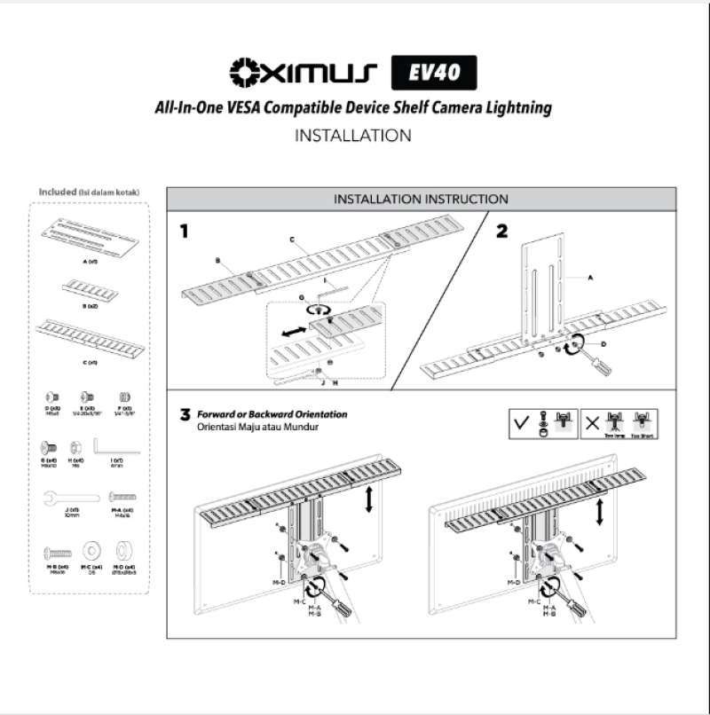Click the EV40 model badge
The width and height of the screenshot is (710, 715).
(434, 72)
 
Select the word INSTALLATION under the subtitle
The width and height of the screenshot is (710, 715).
(352, 137)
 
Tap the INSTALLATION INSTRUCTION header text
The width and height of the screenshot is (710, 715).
(421, 200)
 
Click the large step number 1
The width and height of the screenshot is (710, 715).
(185, 232)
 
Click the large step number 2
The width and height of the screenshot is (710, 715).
(502, 232)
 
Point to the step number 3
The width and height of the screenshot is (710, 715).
(185, 414)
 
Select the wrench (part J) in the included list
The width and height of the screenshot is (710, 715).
(60, 499)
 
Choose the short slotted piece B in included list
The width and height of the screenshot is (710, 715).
(88, 287)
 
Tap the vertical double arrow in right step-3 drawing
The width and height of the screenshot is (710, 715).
(603, 513)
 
